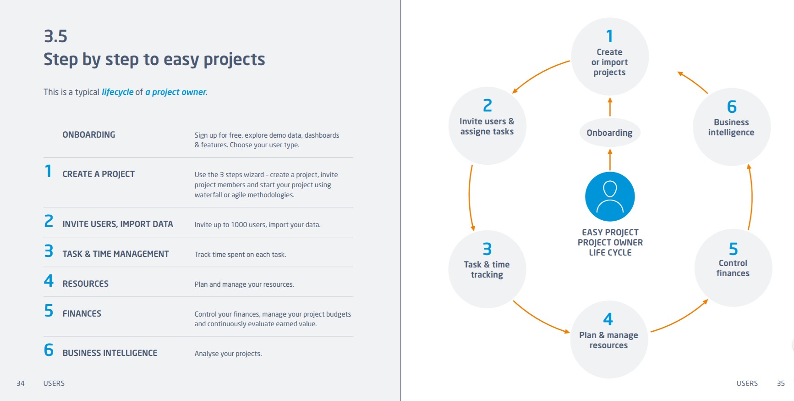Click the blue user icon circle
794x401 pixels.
click(610, 196)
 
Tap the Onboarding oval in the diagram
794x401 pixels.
click(609, 133)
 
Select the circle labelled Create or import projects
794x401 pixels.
click(609, 56)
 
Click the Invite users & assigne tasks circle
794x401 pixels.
click(487, 126)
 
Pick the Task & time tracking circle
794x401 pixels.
click(487, 269)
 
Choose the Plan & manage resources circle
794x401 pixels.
click(608, 340)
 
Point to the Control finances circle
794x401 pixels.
click(733, 267)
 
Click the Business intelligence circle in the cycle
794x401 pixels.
click(731, 127)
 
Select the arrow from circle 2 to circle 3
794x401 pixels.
click(470, 197)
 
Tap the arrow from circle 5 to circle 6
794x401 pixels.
click(751, 197)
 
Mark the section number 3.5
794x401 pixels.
click(55, 36)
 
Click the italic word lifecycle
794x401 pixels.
click(117, 92)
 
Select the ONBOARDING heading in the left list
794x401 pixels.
click(89, 134)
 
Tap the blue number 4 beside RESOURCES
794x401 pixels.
click(49, 281)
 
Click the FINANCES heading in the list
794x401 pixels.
click(82, 313)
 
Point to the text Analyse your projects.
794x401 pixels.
click(228, 353)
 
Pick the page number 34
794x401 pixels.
click(21, 383)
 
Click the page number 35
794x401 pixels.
click(781, 383)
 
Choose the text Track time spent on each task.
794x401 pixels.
click(240, 254)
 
